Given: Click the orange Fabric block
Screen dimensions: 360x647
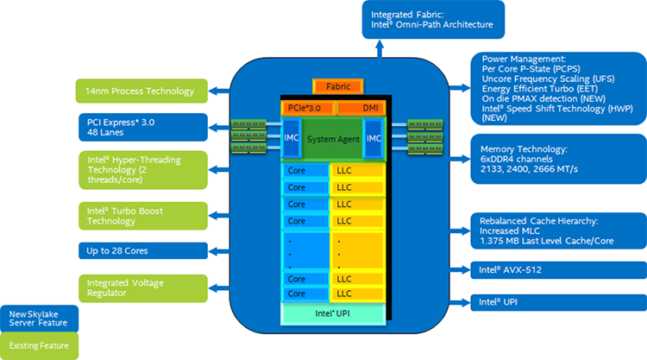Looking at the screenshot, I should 332,87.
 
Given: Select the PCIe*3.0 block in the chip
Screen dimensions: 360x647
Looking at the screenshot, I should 305,108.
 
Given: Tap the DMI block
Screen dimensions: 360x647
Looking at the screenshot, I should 356,108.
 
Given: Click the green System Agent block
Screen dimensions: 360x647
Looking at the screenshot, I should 332,139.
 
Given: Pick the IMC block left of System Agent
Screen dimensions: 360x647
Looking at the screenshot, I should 291,138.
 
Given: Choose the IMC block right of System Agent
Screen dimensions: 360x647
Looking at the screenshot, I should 373,138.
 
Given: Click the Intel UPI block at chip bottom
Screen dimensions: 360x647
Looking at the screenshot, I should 332,313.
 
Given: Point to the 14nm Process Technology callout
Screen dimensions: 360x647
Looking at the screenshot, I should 142,92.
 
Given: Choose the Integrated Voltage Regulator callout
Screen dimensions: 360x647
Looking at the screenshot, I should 142,287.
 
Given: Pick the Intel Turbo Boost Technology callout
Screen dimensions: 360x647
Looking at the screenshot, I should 142,215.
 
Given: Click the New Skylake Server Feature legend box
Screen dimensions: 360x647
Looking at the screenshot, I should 39,319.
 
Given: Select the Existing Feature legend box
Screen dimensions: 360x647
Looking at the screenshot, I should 39,346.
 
